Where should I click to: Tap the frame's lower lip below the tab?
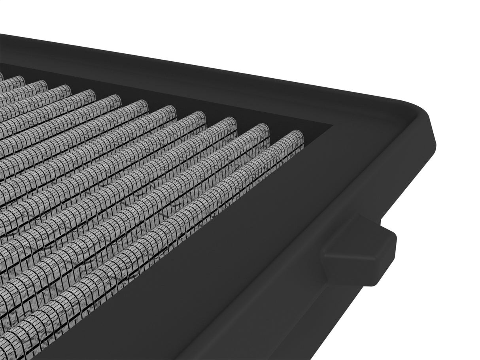tap(316, 316)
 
